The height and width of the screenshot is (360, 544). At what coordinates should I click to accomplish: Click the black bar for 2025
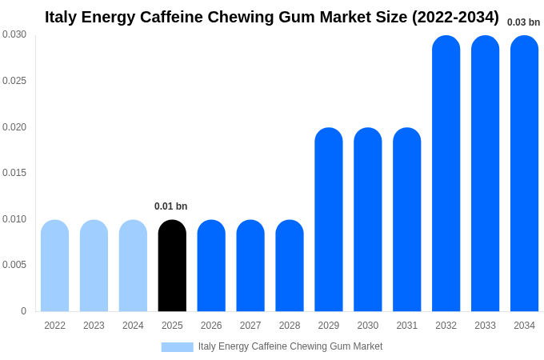tap(172, 266)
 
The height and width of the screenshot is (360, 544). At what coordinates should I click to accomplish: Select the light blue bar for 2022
tap(54, 266)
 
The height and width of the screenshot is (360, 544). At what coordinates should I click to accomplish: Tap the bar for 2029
tap(328, 220)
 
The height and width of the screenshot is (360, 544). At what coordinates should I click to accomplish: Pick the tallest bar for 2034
tap(524, 174)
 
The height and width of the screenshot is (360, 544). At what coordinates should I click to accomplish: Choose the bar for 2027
tap(250, 266)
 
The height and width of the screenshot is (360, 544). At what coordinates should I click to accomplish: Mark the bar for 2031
tap(406, 220)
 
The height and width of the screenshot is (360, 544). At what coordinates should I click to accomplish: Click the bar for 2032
tap(446, 174)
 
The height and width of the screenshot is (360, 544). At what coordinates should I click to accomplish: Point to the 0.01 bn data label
tap(170, 206)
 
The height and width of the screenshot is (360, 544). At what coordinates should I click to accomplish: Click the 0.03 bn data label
tap(523, 22)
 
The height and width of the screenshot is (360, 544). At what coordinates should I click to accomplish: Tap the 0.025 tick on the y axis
tap(14, 81)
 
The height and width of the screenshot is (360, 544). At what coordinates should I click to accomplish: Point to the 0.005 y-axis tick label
tap(14, 265)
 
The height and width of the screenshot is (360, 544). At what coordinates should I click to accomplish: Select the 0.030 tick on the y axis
tap(14, 34)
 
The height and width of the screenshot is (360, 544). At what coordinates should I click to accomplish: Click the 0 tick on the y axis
tap(23, 311)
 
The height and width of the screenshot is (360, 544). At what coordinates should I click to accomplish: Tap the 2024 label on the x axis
tap(133, 326)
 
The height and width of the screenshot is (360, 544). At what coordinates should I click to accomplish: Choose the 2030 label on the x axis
tap(367, 326)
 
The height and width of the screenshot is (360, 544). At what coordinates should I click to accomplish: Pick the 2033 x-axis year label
tap(485, 326)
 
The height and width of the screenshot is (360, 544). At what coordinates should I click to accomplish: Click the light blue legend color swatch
tap(177, 347)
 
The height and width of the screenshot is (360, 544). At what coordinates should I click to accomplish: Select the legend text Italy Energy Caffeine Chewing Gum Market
tap(290, 346)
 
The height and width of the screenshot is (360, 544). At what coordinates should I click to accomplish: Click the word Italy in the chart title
tap(61, 17)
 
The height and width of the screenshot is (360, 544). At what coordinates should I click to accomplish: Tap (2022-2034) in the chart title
tap(455, 17)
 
